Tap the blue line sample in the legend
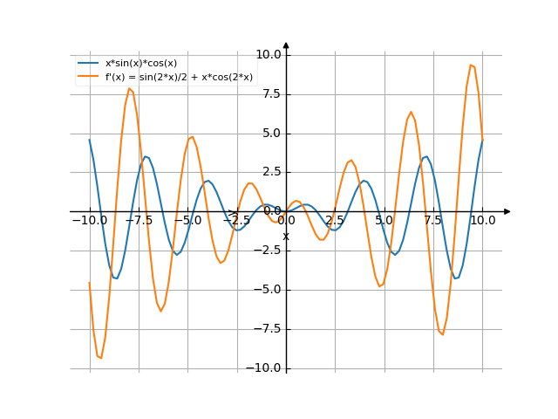click(x=89, y=64)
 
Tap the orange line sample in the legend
click(x=89, y=77)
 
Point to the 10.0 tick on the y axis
click(x=269, y=54)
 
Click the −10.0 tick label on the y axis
click(x=266, y=368)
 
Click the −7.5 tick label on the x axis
click(x=139, y=221)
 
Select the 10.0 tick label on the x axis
click(x=482, y=221)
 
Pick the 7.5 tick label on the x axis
click(x=433, y=221)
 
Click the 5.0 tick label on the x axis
click(x=384, y=221)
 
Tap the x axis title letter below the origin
click(x=285, y=236)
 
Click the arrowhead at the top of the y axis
click(x=286, y=45)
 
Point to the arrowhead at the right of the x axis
click(x=507, y=211)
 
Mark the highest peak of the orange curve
click(x=471, y=65)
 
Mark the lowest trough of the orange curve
click(x=100, y=358)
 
